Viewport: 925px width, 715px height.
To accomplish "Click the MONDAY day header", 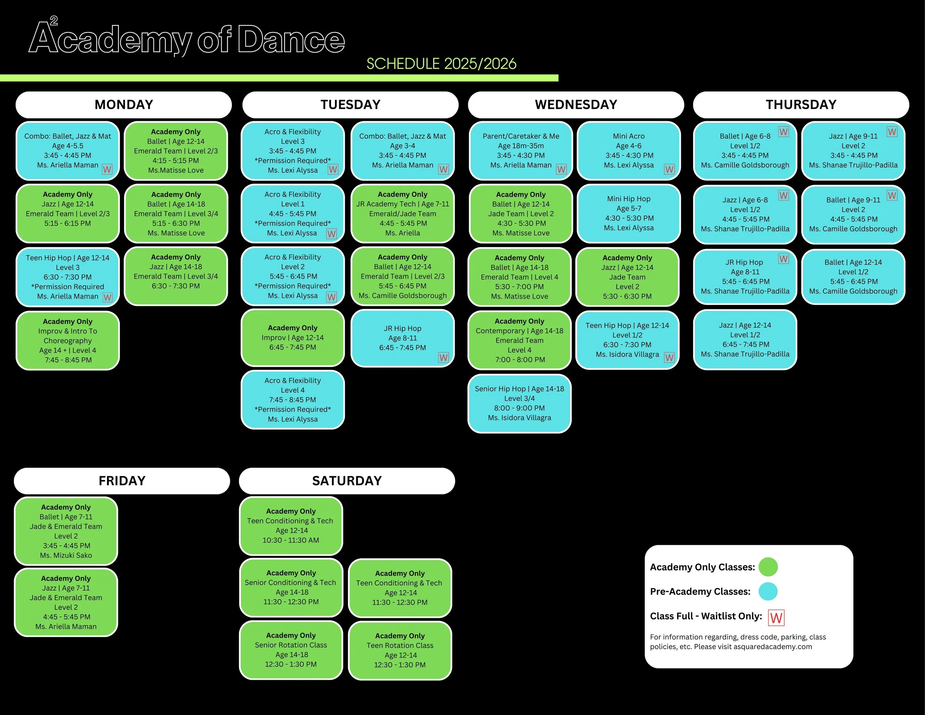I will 124,105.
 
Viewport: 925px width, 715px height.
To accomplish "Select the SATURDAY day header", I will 347,481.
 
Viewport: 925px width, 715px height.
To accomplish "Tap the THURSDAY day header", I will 801,105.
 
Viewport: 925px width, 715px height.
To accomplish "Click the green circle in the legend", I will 768,567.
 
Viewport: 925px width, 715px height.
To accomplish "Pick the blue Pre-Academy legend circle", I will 768,591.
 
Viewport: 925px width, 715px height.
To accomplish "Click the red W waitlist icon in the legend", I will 776,618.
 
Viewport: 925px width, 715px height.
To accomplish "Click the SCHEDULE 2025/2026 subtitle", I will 441,64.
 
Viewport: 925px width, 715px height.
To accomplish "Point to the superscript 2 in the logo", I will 54,20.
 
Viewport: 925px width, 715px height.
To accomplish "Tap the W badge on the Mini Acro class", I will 669,169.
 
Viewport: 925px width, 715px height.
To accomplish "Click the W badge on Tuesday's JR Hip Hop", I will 443,357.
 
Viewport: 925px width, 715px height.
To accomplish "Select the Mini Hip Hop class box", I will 629,214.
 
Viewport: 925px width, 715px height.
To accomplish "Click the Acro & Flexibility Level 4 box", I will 293,400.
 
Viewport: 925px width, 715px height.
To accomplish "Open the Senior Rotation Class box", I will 291,650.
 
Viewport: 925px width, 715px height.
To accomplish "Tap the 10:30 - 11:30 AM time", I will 291,540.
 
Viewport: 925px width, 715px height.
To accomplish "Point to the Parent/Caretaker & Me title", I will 521,136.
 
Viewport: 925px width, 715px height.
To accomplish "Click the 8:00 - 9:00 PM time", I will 519,408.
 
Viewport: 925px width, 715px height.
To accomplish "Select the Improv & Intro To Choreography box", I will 68,340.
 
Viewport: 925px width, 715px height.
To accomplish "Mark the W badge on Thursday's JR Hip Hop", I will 784,259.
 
